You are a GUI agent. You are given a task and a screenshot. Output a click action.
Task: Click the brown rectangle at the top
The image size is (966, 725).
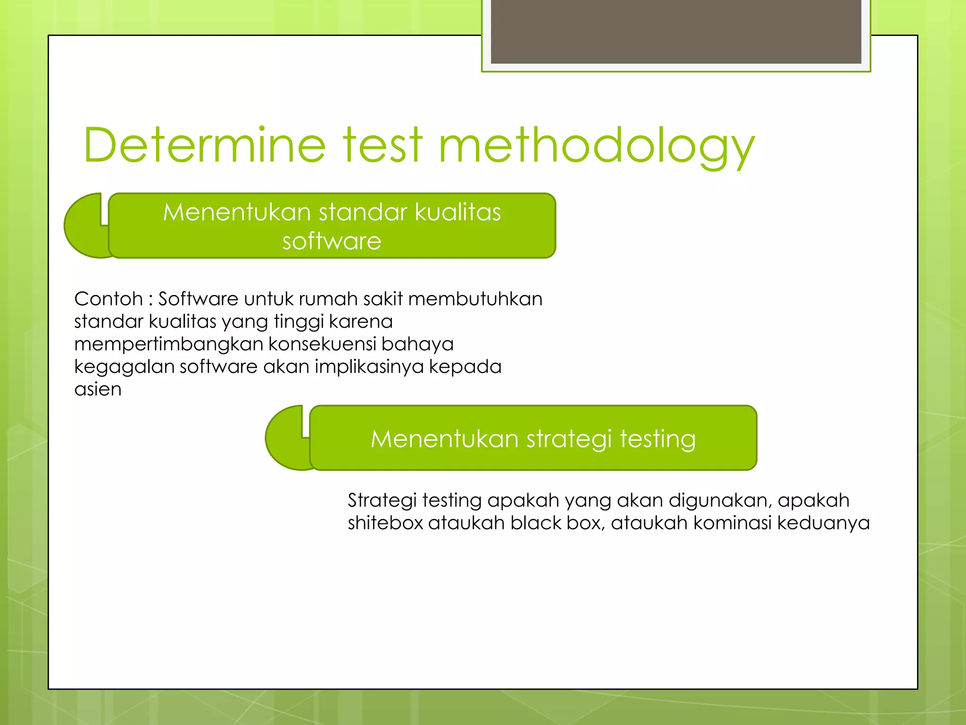click(675, 31)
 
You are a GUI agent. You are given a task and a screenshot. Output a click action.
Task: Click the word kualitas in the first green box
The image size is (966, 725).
click(458, 212)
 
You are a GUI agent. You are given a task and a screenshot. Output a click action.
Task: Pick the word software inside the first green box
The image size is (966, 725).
click(332, 241)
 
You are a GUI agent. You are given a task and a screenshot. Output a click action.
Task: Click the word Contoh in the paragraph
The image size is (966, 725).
click(108, 299)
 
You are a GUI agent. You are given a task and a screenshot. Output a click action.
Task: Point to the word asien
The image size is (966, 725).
click(98, 389)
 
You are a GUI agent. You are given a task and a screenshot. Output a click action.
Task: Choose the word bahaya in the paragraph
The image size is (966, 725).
click(417, 344)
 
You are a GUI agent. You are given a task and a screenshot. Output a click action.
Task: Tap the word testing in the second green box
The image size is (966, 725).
click(658, 438)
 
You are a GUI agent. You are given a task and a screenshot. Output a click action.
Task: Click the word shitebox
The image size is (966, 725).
click(385, 523)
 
